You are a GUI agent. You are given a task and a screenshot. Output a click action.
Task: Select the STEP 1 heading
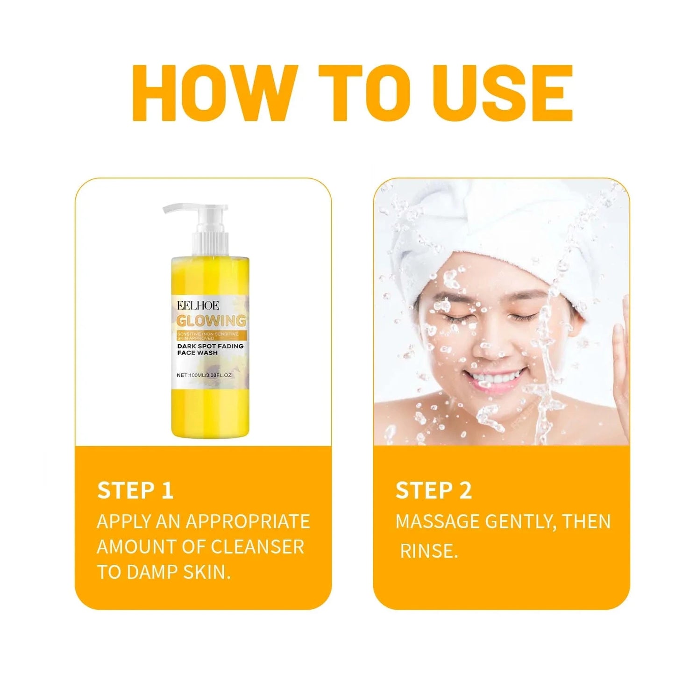pyautogui.click(x=135, y=490)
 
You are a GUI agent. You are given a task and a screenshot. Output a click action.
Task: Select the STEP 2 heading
pyautogui.click(x=433, y=490)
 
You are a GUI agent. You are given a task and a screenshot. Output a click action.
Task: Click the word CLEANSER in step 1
pyautogui.click(x=257, y=547)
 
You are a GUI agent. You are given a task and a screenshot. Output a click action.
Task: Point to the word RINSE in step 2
pyautogui.click(x=429, y=551)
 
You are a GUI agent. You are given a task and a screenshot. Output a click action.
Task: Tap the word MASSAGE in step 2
pyautogui.click(x=437, y=521)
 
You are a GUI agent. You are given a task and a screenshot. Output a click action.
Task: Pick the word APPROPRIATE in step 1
pyautogui.click(x=248, y=521)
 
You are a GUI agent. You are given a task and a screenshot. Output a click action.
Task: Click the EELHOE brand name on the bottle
pyautogui.click(x=198, y=306)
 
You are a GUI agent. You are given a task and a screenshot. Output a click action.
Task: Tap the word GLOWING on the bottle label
pyautogui.click(x=211, y=321)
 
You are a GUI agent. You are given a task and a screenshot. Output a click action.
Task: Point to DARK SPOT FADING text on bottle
pyautogui.click(x=210, y=346)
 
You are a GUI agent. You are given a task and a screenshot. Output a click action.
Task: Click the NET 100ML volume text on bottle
pyautogui.click(x=205, y=375)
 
